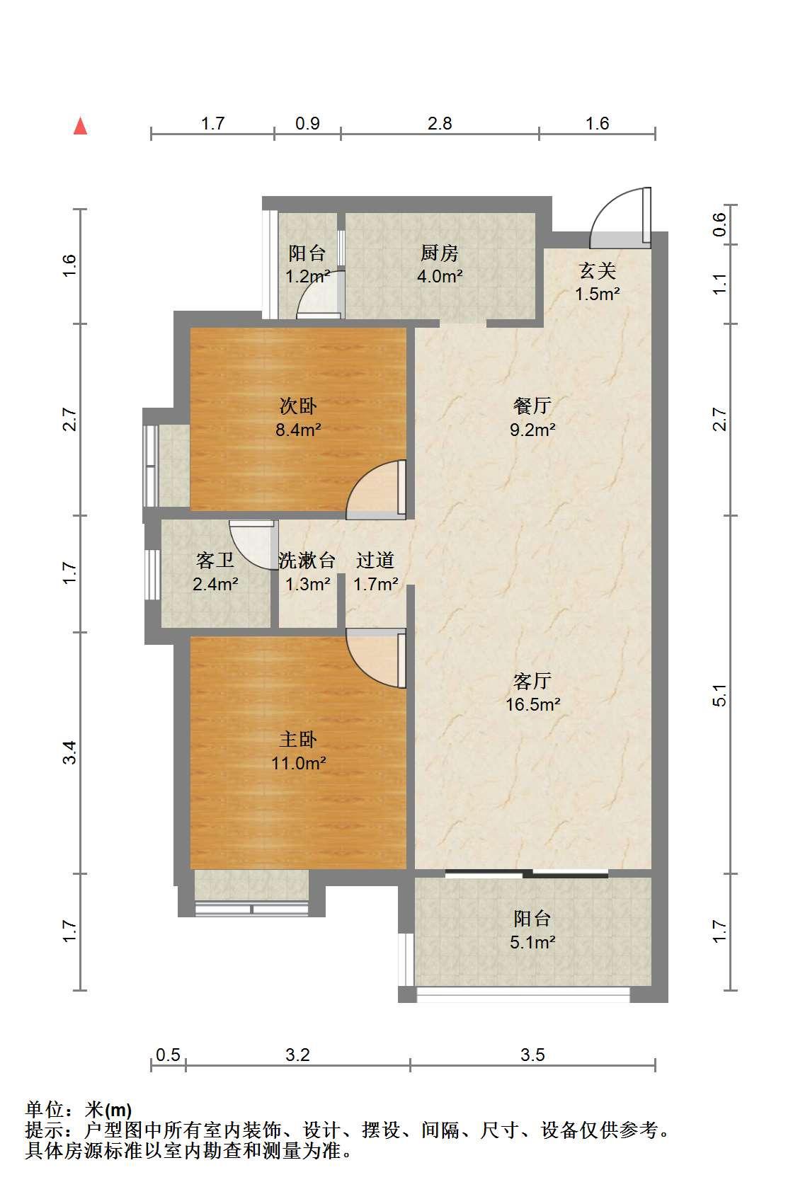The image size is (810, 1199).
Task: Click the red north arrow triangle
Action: [x=80, y=126]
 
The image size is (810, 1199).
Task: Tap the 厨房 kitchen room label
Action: [x=440, y=253]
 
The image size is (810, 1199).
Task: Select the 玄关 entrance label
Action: [x=598, y=271]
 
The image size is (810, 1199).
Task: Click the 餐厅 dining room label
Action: [x=532, y=406]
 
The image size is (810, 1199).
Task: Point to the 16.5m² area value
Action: [x=533, y=704]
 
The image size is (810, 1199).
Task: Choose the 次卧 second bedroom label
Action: [x=298, y=406]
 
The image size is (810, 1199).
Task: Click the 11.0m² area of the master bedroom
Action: [x=299, y=763]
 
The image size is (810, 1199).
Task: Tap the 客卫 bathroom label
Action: [x=215, y=561]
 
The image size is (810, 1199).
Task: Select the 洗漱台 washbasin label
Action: [x=307, y=561]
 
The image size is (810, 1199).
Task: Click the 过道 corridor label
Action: [x=375, y=561]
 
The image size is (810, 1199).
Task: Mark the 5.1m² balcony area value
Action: [x=532, y=942]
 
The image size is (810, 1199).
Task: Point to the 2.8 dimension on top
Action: [x=440, y=124]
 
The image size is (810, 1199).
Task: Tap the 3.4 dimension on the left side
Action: [x=70, y=752]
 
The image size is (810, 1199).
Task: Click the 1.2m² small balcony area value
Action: [x=307, y=277]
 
